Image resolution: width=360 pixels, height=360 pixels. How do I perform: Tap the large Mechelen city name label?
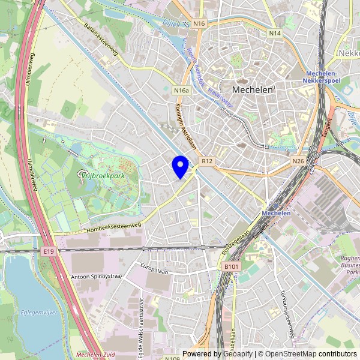point(253,89)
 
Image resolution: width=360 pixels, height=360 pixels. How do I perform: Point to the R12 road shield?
point(208,161)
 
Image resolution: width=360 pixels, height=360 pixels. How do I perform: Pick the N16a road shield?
point(181,91)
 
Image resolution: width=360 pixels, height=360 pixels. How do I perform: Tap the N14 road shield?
point(275,34)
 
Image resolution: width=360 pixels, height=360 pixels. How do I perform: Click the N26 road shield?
point(298,161)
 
